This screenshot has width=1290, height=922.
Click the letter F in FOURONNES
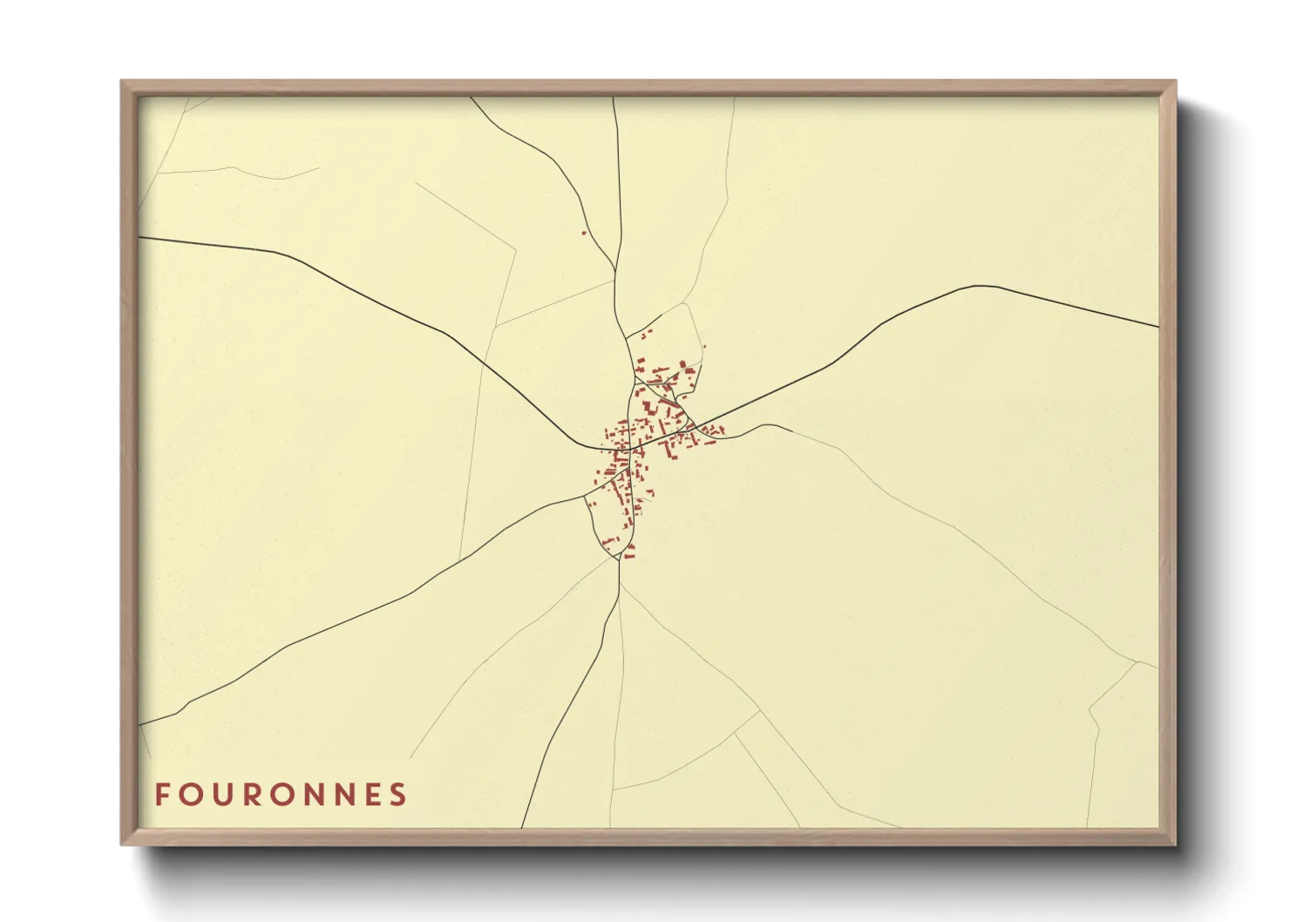(162, 795)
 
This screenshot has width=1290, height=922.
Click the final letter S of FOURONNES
(398, 795)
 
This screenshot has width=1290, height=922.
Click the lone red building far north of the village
(583, 233)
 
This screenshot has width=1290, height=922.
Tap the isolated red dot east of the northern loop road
(704, 347)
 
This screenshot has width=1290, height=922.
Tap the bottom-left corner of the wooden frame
(123, 843)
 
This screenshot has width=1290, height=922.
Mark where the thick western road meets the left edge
(140, 237)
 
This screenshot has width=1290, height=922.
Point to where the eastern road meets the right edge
(1158, 327)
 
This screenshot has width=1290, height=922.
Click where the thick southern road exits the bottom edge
(522, 827)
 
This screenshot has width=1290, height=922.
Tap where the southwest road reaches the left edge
(140, 725)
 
